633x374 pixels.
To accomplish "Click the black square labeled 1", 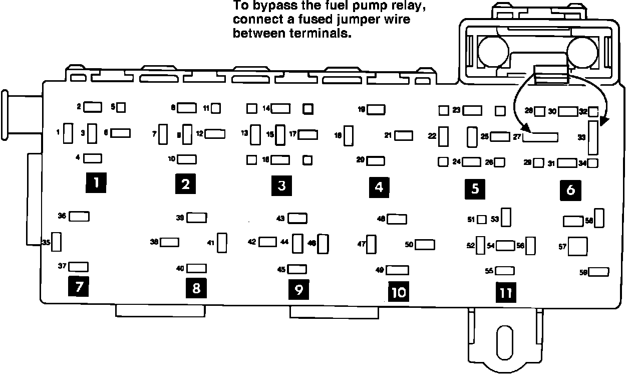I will point(96,183).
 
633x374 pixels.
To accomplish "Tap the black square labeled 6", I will point(570,191).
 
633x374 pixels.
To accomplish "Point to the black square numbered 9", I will point(298,290).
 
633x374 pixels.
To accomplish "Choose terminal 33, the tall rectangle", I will point(593,137).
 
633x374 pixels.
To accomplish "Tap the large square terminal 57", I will point(578,246).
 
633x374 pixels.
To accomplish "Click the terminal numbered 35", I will point(57,242).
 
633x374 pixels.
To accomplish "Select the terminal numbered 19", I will point(376,109).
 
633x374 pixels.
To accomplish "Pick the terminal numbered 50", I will point(425,244).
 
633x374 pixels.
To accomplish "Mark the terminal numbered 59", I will point(599,272).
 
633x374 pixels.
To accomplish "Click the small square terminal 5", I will point(121,107).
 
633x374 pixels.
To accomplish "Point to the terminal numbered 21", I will point(403,135).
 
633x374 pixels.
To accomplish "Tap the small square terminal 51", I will point(482,219).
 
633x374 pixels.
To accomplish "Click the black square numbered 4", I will point(379,187).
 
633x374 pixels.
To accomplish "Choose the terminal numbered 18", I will point(350,135).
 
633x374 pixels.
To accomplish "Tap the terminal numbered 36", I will point(79,216).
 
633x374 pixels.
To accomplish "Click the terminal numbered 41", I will point(223,243).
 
